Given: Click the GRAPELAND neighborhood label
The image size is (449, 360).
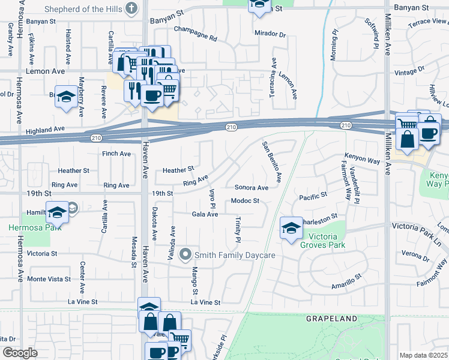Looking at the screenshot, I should (x=332, y=319).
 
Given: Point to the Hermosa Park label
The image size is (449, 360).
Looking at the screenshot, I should (x=28, y=228).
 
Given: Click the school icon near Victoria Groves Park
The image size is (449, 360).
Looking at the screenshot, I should (x=291, y=228).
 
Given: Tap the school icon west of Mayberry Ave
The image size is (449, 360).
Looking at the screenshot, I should (x=67, y=97).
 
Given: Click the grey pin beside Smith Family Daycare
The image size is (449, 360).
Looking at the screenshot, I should (x=186, y=255).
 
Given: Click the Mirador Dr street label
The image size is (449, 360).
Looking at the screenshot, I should (x=270, y=34).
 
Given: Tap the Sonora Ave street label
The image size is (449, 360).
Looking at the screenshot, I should (x=251, y=187).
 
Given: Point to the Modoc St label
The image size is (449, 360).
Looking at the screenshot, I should (x=245, y=201).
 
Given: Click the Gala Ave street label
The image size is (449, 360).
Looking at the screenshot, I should (x=204, y=214).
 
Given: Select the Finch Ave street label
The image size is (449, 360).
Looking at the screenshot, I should (x=116, y=154).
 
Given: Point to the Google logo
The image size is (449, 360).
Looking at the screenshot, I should (x=20, y=353).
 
